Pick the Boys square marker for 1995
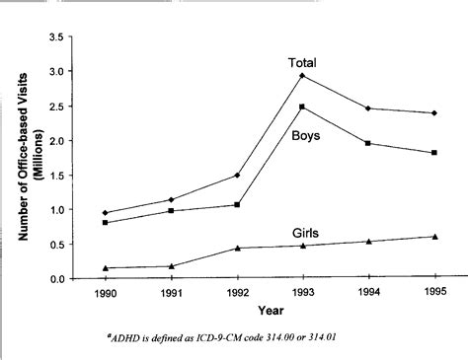pos(434,153)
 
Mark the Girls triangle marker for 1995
pos(434,237)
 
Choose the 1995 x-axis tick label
pos(434,294)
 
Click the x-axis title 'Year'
pos(271,312)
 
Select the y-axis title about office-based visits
pos(21,158)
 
